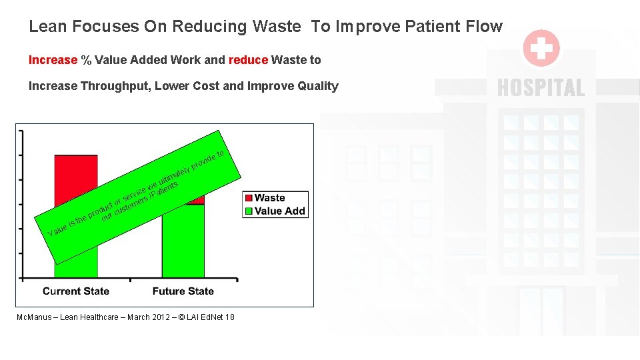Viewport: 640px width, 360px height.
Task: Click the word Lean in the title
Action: point(47,27)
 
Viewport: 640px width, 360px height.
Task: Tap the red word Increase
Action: point(53,60)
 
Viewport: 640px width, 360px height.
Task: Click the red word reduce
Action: point(248,60)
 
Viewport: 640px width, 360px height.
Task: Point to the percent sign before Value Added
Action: point(86,60)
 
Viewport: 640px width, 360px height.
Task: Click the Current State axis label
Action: point(76,291)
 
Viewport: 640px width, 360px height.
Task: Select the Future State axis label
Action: point(183,291)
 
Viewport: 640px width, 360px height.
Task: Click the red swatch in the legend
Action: point(249,198)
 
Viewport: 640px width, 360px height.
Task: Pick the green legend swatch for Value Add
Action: point(249,211)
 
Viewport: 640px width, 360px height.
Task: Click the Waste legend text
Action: point(269,198)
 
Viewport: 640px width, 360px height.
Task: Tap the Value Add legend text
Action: point(279,211)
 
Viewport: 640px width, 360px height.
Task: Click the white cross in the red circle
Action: point(541,48)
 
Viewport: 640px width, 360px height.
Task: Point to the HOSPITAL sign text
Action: point(541,88)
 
